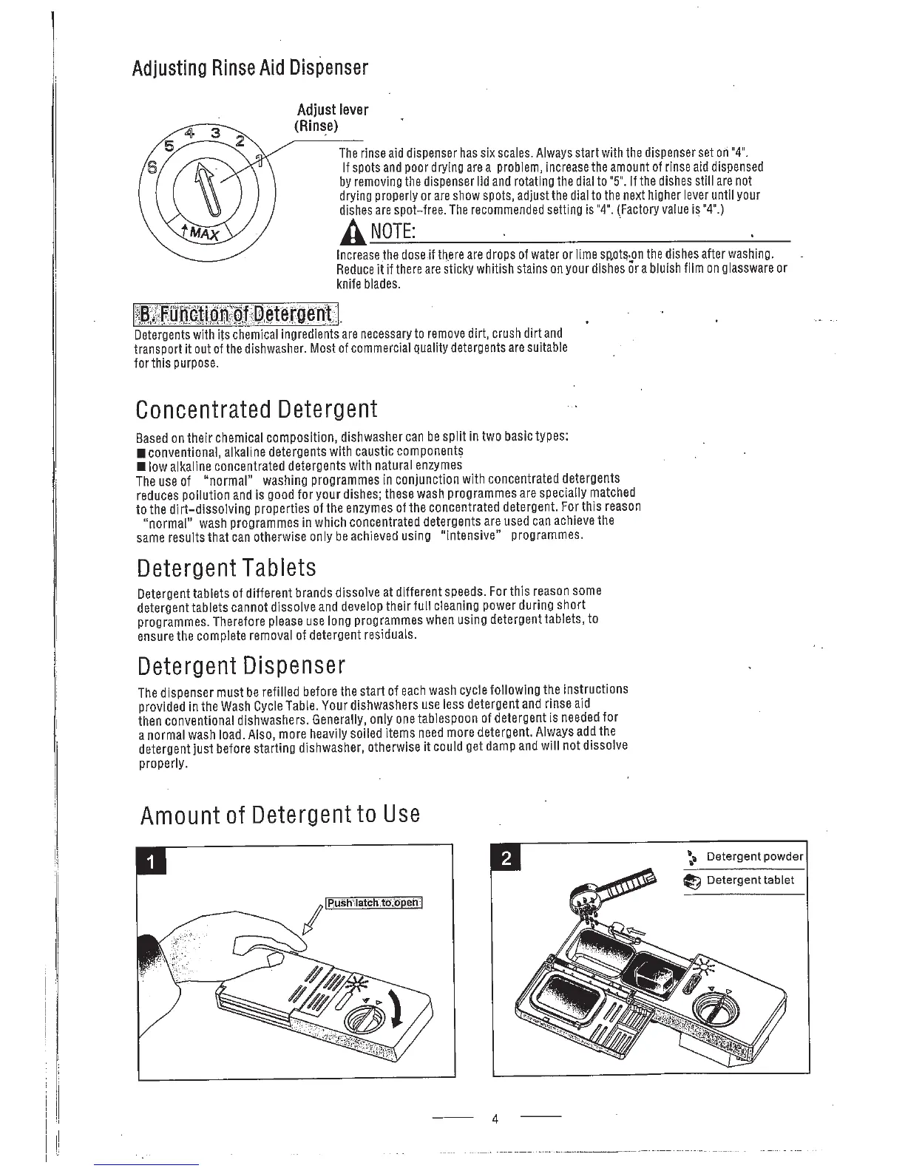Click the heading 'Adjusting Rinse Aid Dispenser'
[x=249, y=69]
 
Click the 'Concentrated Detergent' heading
[x=257, y=409]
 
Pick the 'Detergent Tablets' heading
[x=226, y=568]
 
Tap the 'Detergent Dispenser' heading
[x=241, y=665]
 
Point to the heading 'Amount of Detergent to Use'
[x=279, y=815]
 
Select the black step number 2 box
[x=506, y=859]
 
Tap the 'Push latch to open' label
[x=374, y=903]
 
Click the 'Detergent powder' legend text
[x=754, y=856]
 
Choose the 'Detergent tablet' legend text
[x=750, y=880]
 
